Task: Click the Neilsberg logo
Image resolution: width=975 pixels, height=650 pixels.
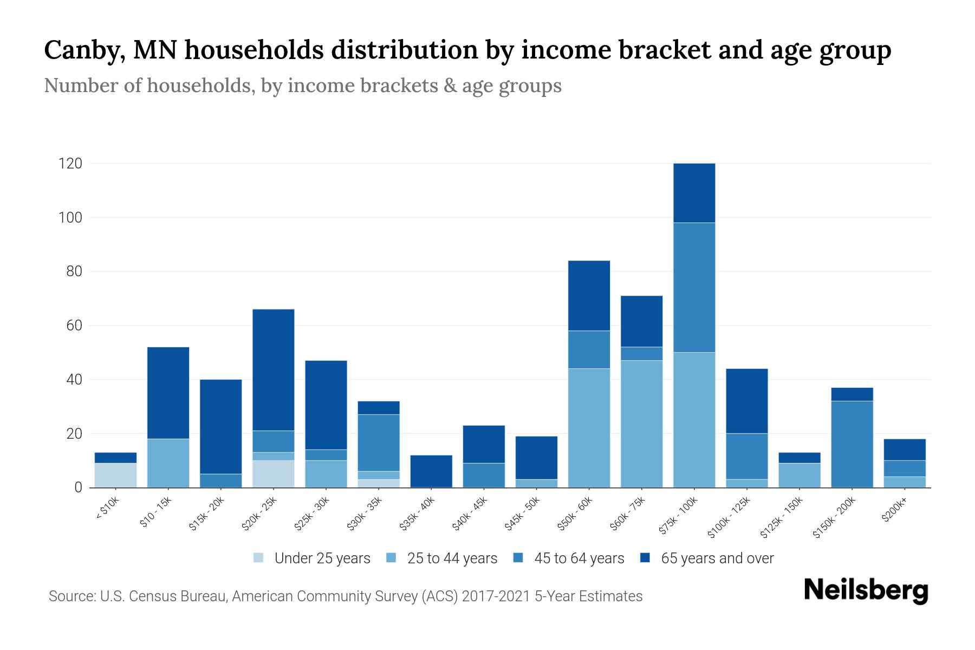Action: coord(866,590)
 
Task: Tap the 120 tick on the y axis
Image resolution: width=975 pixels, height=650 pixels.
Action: coord(70,163)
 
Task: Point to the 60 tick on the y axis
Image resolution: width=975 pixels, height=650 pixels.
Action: coord(74,326)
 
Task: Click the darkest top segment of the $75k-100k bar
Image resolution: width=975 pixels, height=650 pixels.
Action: coord(694,193)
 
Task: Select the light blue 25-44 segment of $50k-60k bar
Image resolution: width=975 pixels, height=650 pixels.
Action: coord(589,428)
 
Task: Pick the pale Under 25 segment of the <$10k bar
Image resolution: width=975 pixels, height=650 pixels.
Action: coord(115,475)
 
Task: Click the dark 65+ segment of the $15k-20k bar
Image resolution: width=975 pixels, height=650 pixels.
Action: coord(220,426)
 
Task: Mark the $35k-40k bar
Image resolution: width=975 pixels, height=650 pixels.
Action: coord(431,471)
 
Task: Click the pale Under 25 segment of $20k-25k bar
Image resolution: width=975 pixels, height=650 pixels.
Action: coord(273,474)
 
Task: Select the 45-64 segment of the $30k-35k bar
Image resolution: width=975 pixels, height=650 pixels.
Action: coord(379,443)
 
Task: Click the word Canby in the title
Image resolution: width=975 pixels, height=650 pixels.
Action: coord(80,50)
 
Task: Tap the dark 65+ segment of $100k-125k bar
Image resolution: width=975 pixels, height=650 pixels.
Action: coord(746,401)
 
